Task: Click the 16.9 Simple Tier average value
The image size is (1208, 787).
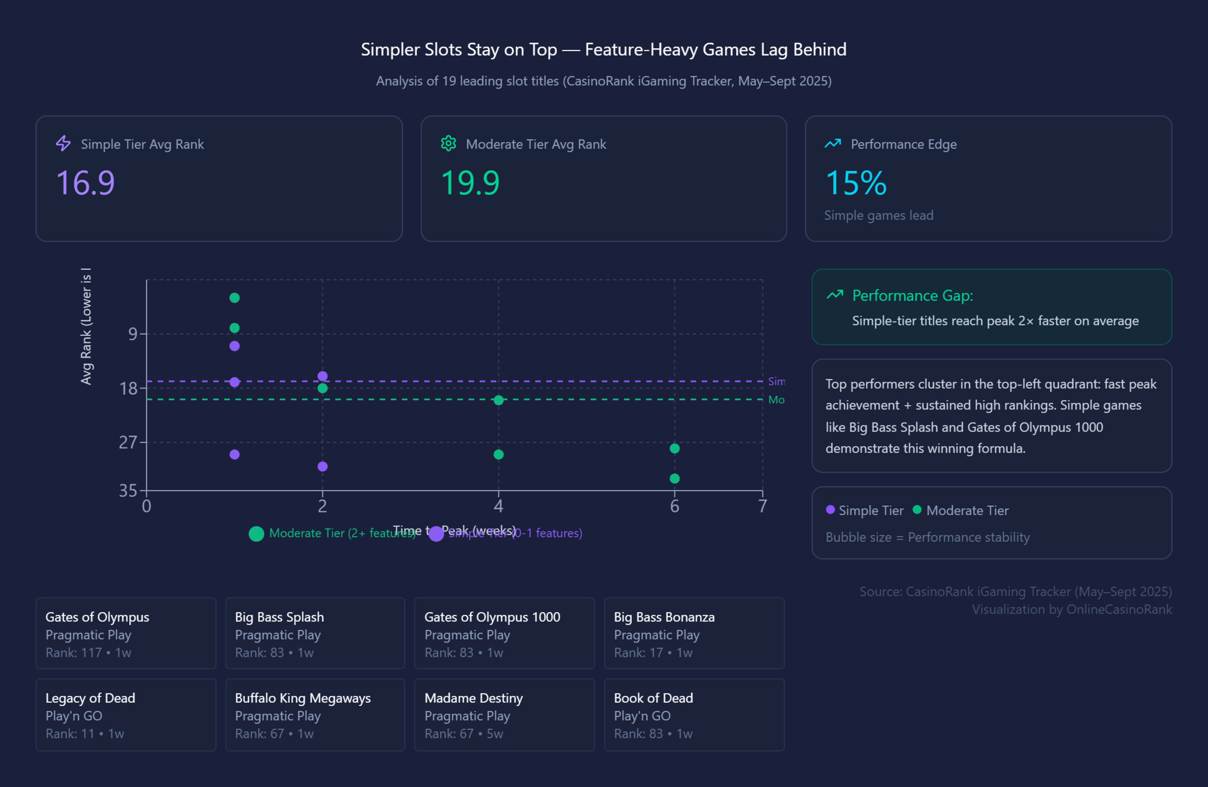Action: coord(85,183)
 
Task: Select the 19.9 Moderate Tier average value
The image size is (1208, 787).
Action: coord(470,183)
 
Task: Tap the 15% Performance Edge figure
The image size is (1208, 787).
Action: coord(856,183)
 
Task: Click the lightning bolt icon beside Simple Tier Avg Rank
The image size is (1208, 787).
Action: coord(63,144)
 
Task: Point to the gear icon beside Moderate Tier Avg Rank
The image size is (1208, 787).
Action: coord(448,144)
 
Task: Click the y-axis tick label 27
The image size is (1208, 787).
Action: coord(128,443)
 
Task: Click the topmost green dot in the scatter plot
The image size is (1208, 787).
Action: coord(234,298)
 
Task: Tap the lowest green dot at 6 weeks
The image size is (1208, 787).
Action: coord(674,478)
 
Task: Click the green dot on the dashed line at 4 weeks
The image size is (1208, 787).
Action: coord(498,400)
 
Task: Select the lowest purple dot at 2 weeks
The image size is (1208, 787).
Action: coord(322,466)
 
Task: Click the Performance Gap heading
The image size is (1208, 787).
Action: coord(912,295)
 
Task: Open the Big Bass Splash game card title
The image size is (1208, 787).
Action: coord(279,617)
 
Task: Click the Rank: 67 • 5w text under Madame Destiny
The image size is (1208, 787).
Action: coord(463,734)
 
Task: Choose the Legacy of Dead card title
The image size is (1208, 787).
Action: coord(90,698)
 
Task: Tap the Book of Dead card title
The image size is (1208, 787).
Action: coord(653,698)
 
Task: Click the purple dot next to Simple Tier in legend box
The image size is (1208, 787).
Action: coord(830,510)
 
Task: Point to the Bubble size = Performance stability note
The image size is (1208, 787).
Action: coord(927,537)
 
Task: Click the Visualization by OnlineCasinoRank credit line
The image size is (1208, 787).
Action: coord(1071,609)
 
